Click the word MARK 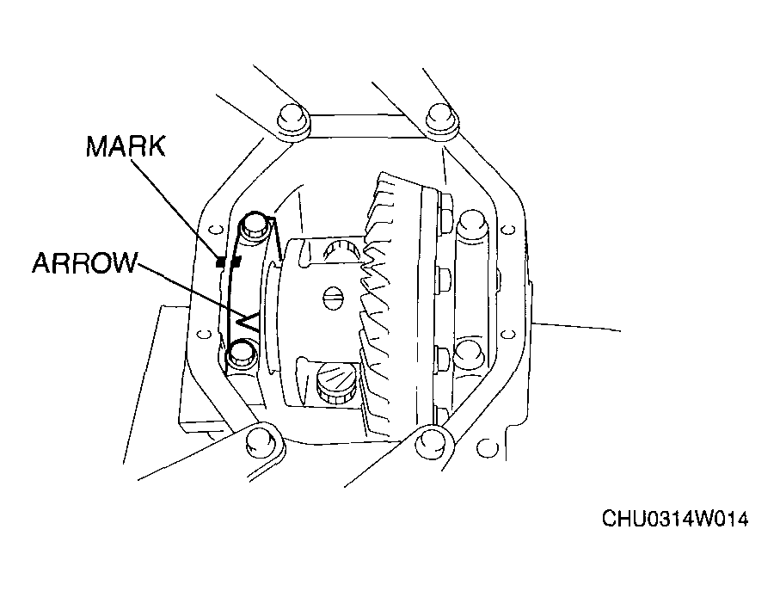click(x=126, y=146)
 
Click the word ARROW click(x=83, y=262)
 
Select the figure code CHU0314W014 click(x=675, y=519)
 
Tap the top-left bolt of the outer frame click(x=292, y=120)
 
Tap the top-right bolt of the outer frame click(x=441, y=120)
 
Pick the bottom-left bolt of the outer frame click(x=261, y=442)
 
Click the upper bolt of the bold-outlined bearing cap click(x=255, y=225)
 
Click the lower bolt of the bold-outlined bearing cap click(x=241, y=354)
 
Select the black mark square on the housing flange click(x=220, y=262)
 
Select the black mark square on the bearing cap click(x=236, y=261)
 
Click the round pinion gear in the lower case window click(x=335, y=379)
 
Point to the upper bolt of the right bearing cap click(x=471, y=224)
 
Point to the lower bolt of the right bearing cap click(x=469, y=352)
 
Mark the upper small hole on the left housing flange click(x=215, y=230)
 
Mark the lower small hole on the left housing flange click(x=203, y=334)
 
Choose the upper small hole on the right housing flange click(x=508, y=230)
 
